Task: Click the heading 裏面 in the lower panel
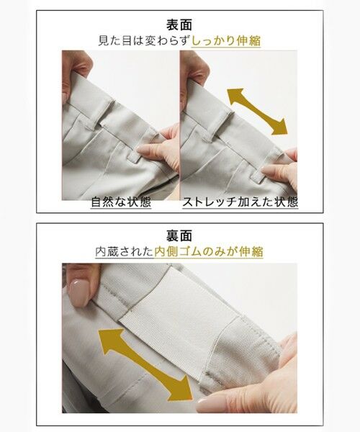coord(179,235)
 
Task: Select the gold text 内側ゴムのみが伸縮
coord(209,252)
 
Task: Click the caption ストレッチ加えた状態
coord(239,202)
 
